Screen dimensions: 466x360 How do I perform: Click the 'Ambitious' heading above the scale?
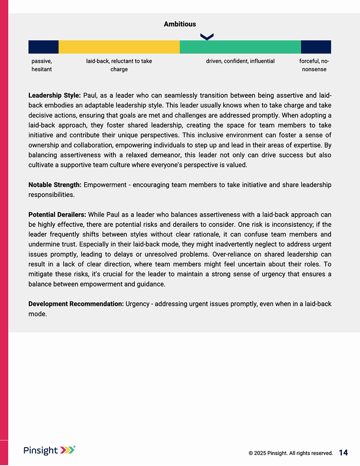coord(180,24)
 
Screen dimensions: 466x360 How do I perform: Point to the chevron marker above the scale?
coord(206,37)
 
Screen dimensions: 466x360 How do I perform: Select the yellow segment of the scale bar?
coord(119,47)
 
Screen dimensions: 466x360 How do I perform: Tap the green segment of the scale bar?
coord(240,47)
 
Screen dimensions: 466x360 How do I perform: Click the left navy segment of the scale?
coord(43,47)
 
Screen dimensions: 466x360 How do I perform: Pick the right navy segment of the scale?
coord(316,47)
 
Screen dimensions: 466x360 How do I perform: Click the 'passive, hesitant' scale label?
coord(42,65)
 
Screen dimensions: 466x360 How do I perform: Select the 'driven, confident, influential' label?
coord(240,61)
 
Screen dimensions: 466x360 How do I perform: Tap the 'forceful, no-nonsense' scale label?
coord(314,65)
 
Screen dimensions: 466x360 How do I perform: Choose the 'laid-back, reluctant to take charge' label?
coord(119,65)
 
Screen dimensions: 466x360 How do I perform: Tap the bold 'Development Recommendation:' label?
coord(76,304)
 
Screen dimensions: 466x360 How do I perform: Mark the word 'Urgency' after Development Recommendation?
coord(137,304)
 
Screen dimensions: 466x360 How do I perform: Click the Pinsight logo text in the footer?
coord(40,450)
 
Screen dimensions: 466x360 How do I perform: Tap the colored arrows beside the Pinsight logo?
coord(67,450)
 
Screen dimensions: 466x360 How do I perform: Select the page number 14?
coord(343,453)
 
